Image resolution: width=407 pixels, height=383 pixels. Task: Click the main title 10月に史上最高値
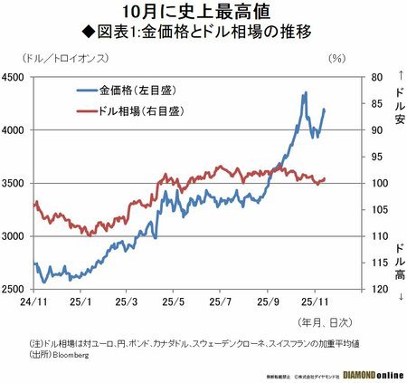204,13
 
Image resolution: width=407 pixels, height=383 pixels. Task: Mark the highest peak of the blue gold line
306,91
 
